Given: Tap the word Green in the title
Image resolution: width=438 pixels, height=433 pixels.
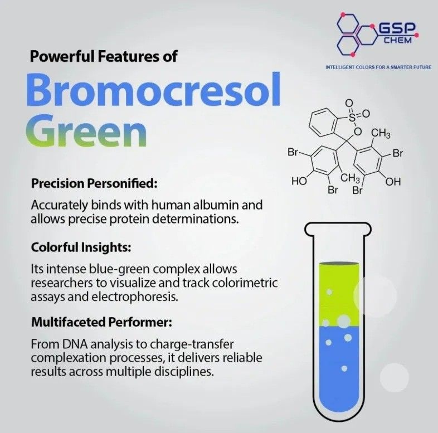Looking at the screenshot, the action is click(x=86, y=131).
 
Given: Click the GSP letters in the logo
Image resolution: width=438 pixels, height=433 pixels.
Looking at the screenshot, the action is click(x=397, y=29).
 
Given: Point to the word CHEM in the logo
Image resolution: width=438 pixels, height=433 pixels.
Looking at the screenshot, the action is click(x=398, y=41).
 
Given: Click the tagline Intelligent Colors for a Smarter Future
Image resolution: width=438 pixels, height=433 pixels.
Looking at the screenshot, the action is click(x=378, y=67).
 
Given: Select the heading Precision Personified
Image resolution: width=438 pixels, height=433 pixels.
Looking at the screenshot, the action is click(x=94, y=184).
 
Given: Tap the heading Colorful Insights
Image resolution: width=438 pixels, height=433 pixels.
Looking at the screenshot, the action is click(x=81, y=247).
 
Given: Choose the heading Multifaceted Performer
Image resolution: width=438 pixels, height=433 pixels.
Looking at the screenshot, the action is click(x=101, y=322).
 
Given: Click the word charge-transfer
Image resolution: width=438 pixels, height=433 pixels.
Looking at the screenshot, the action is click(x=191, y=344).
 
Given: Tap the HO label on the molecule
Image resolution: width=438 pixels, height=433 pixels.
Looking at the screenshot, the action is click(x=299, y=182).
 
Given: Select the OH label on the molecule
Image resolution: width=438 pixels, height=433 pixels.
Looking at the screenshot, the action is click(x=393, y=182).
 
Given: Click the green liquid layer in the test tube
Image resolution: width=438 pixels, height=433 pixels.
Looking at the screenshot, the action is click(x=339, y=295).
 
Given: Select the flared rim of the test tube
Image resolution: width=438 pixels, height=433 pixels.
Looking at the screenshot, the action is click(x=338, y=228).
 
